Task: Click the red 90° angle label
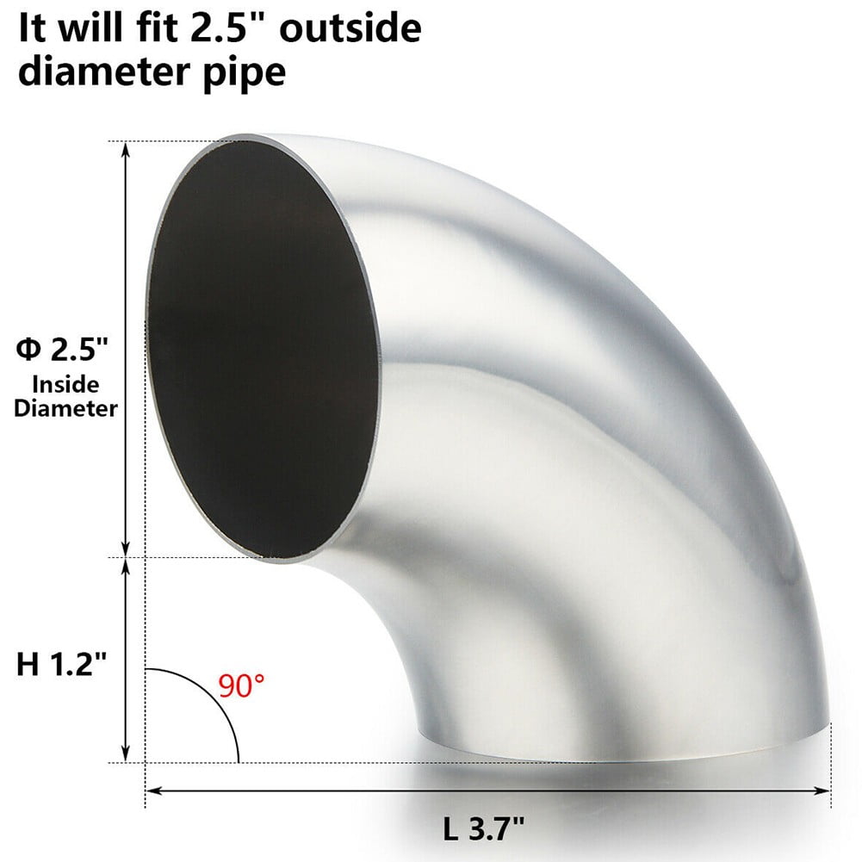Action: (x=242, y=686)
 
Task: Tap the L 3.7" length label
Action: (x=484, y=830)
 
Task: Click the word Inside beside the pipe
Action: (x=65, y=385)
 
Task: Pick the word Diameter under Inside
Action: (x=65, y=409)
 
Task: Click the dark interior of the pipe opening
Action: (x=258, y=344)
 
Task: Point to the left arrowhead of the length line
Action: (x=152, y=790)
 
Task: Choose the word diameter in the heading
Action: (x=103, y=71)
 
